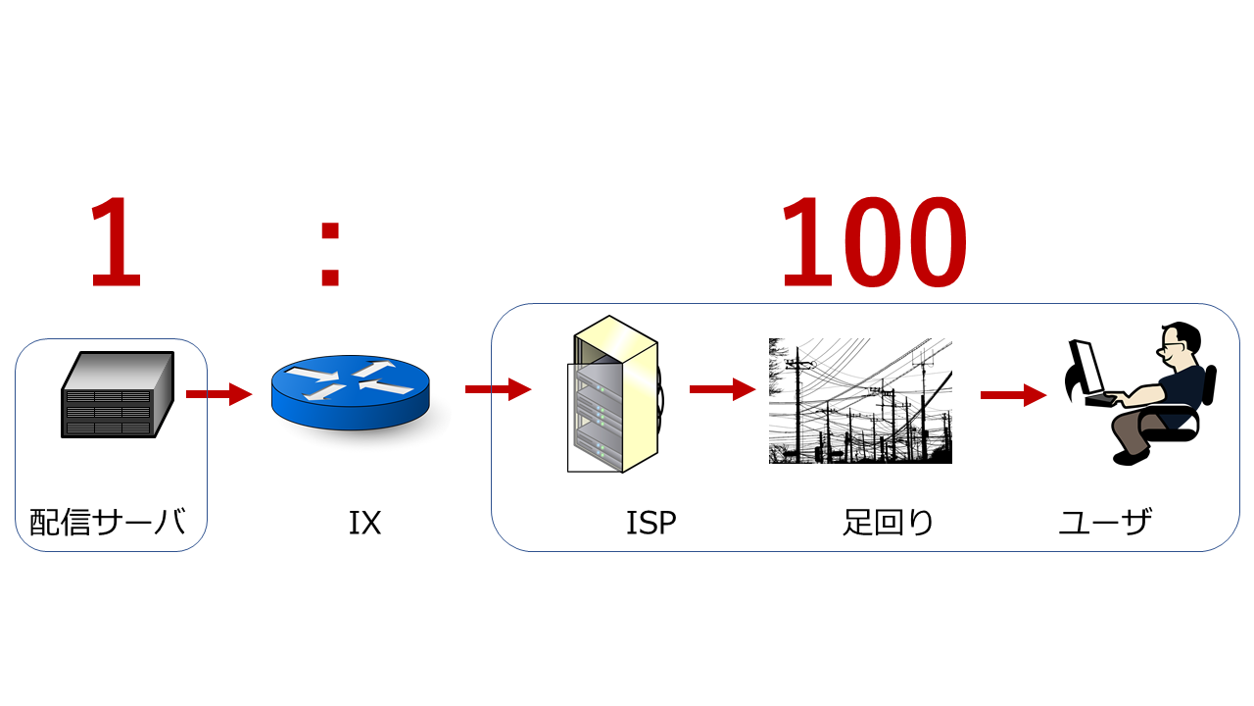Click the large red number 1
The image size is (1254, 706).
[x=117, y=243]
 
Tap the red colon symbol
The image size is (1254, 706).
[x=330, y=253]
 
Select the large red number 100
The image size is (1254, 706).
[x=873, y=243]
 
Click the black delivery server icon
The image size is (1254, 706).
[x=118, y=394]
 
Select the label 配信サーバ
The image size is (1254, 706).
[x=107, y=523]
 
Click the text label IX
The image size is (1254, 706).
[x=364, y=524]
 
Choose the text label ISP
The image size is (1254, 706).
[x=651, y=524]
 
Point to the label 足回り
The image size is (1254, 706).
[x=889, y=523]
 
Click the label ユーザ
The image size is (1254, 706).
[x=1105, y=523]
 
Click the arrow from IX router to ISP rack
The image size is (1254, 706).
[x=498, y=389]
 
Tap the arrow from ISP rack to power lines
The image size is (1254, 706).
[x=722, y=389]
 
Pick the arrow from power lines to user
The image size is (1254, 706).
[x=1013, y=394]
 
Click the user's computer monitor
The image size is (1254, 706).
[x=1086, y=367]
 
